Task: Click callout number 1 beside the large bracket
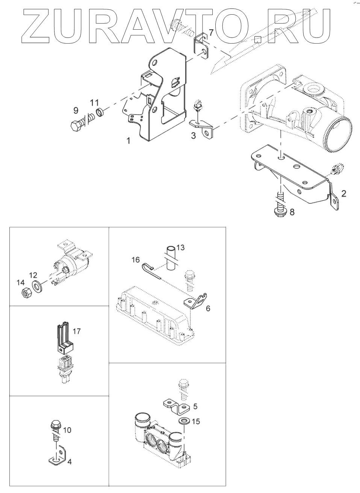coord(129,141)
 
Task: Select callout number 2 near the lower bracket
coord(343,194)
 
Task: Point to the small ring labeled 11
coord(100,112)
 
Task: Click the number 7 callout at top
coord(211,33)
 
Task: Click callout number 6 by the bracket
coord(208,309)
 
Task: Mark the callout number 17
coord(77,331)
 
